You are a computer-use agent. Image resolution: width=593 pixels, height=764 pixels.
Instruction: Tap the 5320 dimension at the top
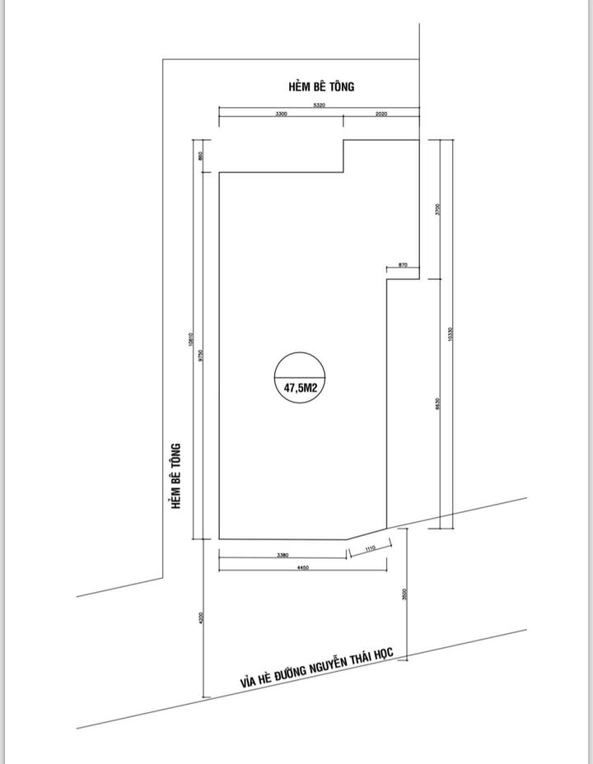coord(320,105)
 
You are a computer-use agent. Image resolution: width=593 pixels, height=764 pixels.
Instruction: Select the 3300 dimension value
coord(281,114)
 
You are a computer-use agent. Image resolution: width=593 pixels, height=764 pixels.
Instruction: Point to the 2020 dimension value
coord(381,114)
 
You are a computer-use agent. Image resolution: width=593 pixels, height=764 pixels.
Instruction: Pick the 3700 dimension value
coord(438,209)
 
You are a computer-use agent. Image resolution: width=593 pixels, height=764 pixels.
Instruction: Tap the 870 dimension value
coord(402,264)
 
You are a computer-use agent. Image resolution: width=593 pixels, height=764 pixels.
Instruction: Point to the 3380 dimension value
coord(282,555)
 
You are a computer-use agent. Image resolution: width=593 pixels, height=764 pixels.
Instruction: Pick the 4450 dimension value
coord(302,568)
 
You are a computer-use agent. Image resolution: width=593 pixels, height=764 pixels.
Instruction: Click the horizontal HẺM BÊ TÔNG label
coord(321,86)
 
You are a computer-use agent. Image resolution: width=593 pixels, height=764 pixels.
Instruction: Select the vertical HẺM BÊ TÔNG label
coord(175,476)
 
